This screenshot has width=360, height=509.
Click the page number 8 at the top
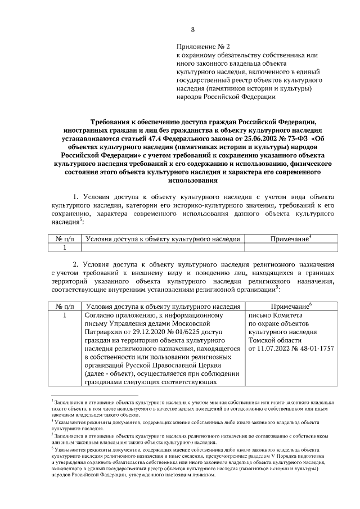tap(193, 29)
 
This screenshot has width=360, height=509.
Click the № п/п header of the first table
tap(65, 238)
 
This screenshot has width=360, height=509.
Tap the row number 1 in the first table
tap(65, 247)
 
